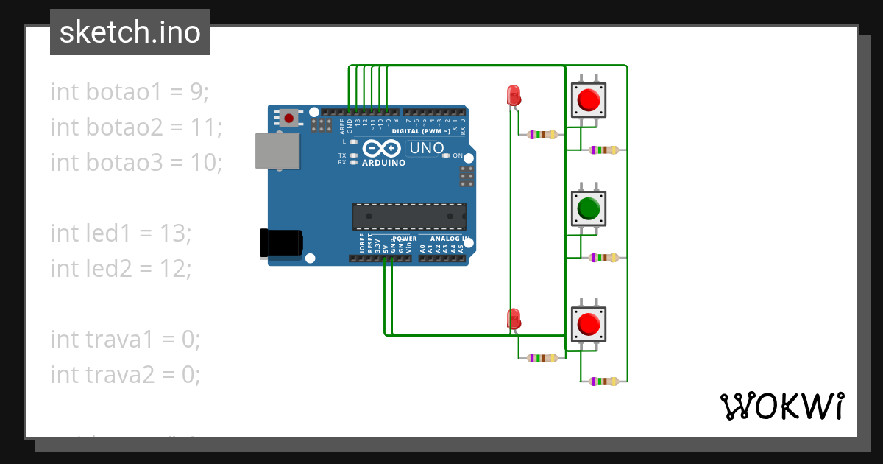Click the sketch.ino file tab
point(130,32)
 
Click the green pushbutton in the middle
point(589,209)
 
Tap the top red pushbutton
point(589,99)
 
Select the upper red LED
point(514,95)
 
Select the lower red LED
point(514,318)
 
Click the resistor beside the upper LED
point(541,135)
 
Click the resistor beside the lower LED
point(541,358)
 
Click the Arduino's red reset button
point(289,118)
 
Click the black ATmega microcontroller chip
point(409,216)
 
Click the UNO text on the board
point(426,148)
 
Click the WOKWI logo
point(781,406)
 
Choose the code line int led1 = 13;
point(121,233)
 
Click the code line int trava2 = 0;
point(125,374)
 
